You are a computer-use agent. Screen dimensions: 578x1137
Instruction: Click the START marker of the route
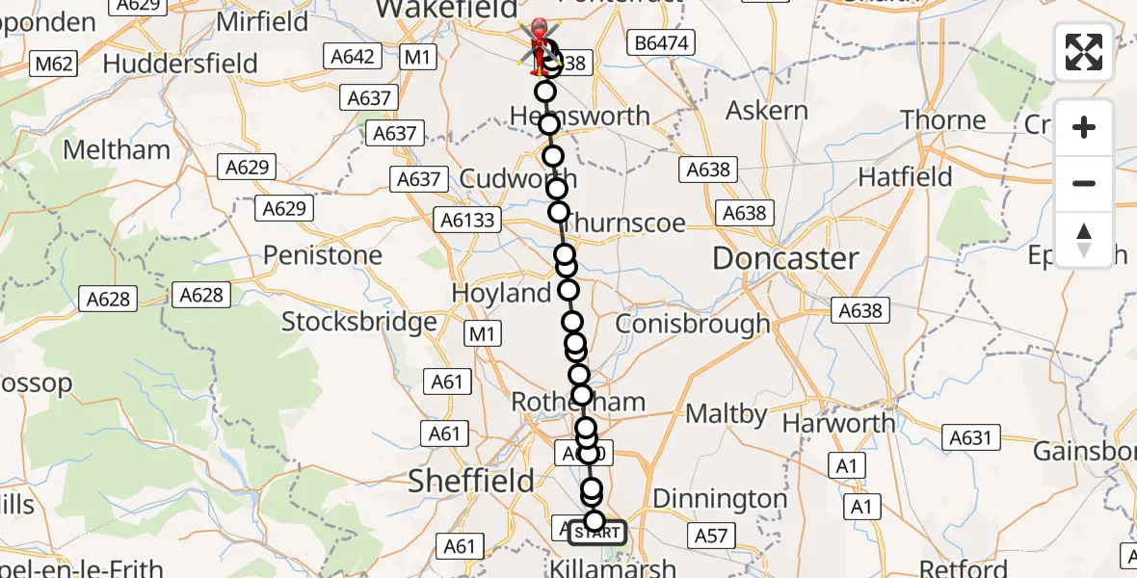pos(597,532)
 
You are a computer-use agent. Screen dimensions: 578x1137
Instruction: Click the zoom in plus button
pos(1084,127)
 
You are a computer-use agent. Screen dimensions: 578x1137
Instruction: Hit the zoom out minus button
pos(1084,183)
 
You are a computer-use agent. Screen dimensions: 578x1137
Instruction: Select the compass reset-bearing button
pos(1084,239)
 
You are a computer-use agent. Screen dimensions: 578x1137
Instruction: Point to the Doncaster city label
pos(785,258)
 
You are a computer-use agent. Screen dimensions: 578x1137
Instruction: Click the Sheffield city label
pos(471,480)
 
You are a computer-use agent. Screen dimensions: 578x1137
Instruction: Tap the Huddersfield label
pos(180,64)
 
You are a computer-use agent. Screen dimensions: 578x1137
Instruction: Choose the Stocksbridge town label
pos(359,322)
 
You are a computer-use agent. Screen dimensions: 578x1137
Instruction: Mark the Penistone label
pos(323,255)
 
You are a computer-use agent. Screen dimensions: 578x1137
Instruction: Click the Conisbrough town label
pos(692,324)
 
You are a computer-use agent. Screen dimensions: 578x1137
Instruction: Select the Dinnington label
pos(720,498)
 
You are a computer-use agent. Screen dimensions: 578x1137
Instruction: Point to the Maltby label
pos(727,415)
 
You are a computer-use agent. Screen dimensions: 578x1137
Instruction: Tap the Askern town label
pos(767,111)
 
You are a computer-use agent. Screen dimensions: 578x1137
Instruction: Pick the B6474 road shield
pos(660,42)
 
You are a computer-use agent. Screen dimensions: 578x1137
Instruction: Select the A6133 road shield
pos(468,220)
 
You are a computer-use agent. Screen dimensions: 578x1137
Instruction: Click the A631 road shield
pos(970,438)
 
